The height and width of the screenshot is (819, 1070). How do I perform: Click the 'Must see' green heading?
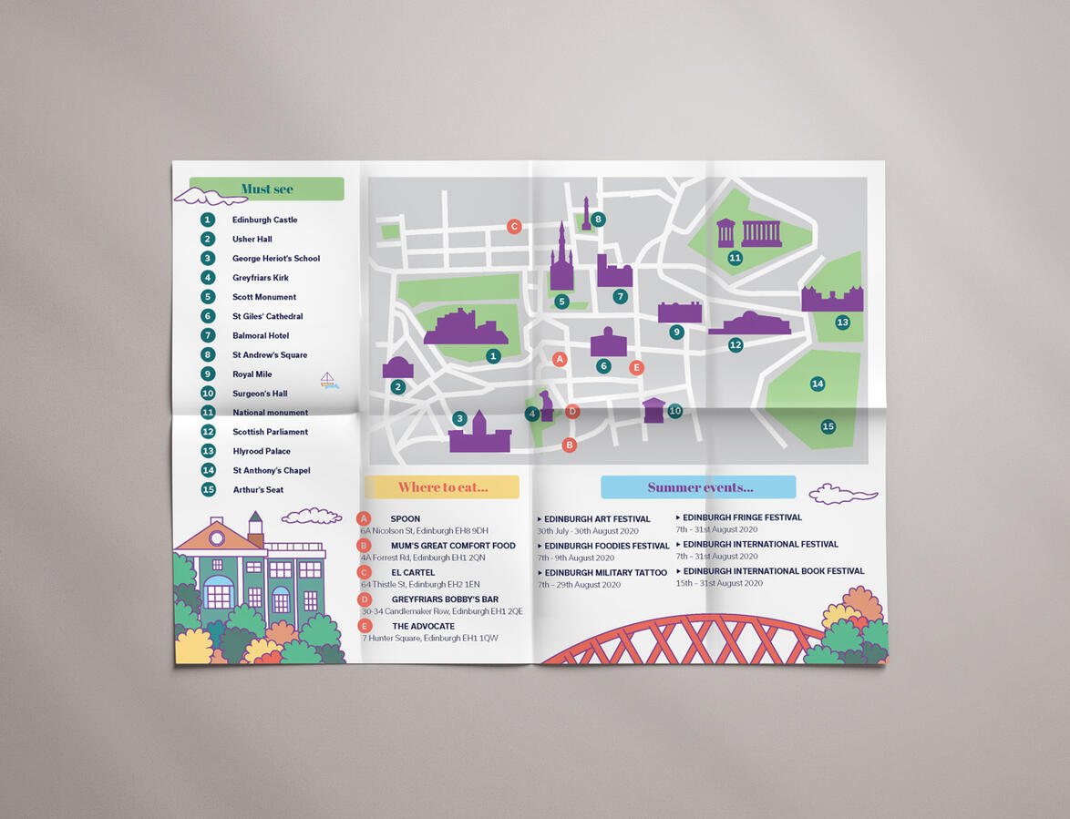(267, 189)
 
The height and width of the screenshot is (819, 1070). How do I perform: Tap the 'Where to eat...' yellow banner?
(442, 487)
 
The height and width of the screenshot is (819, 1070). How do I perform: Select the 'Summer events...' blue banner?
(699, 487)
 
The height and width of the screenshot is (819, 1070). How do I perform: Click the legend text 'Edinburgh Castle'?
(264, 220)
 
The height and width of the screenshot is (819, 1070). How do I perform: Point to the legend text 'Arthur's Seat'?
(258, 490)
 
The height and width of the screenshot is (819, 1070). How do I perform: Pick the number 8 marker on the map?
(598, 219)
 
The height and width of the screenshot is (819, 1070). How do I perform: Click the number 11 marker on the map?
(735, 258)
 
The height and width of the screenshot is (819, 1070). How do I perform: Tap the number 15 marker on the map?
(828, 426)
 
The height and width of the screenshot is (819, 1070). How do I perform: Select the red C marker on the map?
(514, 226)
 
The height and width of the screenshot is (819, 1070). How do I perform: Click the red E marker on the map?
(636, 367)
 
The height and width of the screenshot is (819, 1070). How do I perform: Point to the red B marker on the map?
(570, 445)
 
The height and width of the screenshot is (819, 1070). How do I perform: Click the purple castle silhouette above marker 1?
(465, 326)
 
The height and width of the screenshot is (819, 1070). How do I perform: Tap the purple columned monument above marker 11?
(750, 232)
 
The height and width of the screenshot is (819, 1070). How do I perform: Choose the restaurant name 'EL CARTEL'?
(413, 573)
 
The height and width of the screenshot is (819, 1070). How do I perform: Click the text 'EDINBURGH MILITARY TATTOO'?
(605, 573)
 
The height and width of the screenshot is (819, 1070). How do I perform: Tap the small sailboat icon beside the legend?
(328, 380)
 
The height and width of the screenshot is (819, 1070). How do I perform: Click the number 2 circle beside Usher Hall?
(208, 239)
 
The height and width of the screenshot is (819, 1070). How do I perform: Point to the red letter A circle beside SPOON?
(364, 518)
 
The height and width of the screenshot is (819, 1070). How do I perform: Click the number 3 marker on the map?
(459, 418)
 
